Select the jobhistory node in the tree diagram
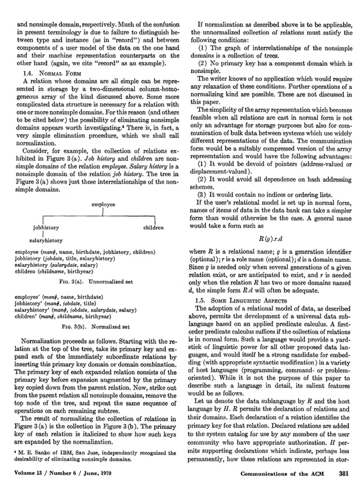(x=47, y=228)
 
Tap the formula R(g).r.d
(x=269, y=236)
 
